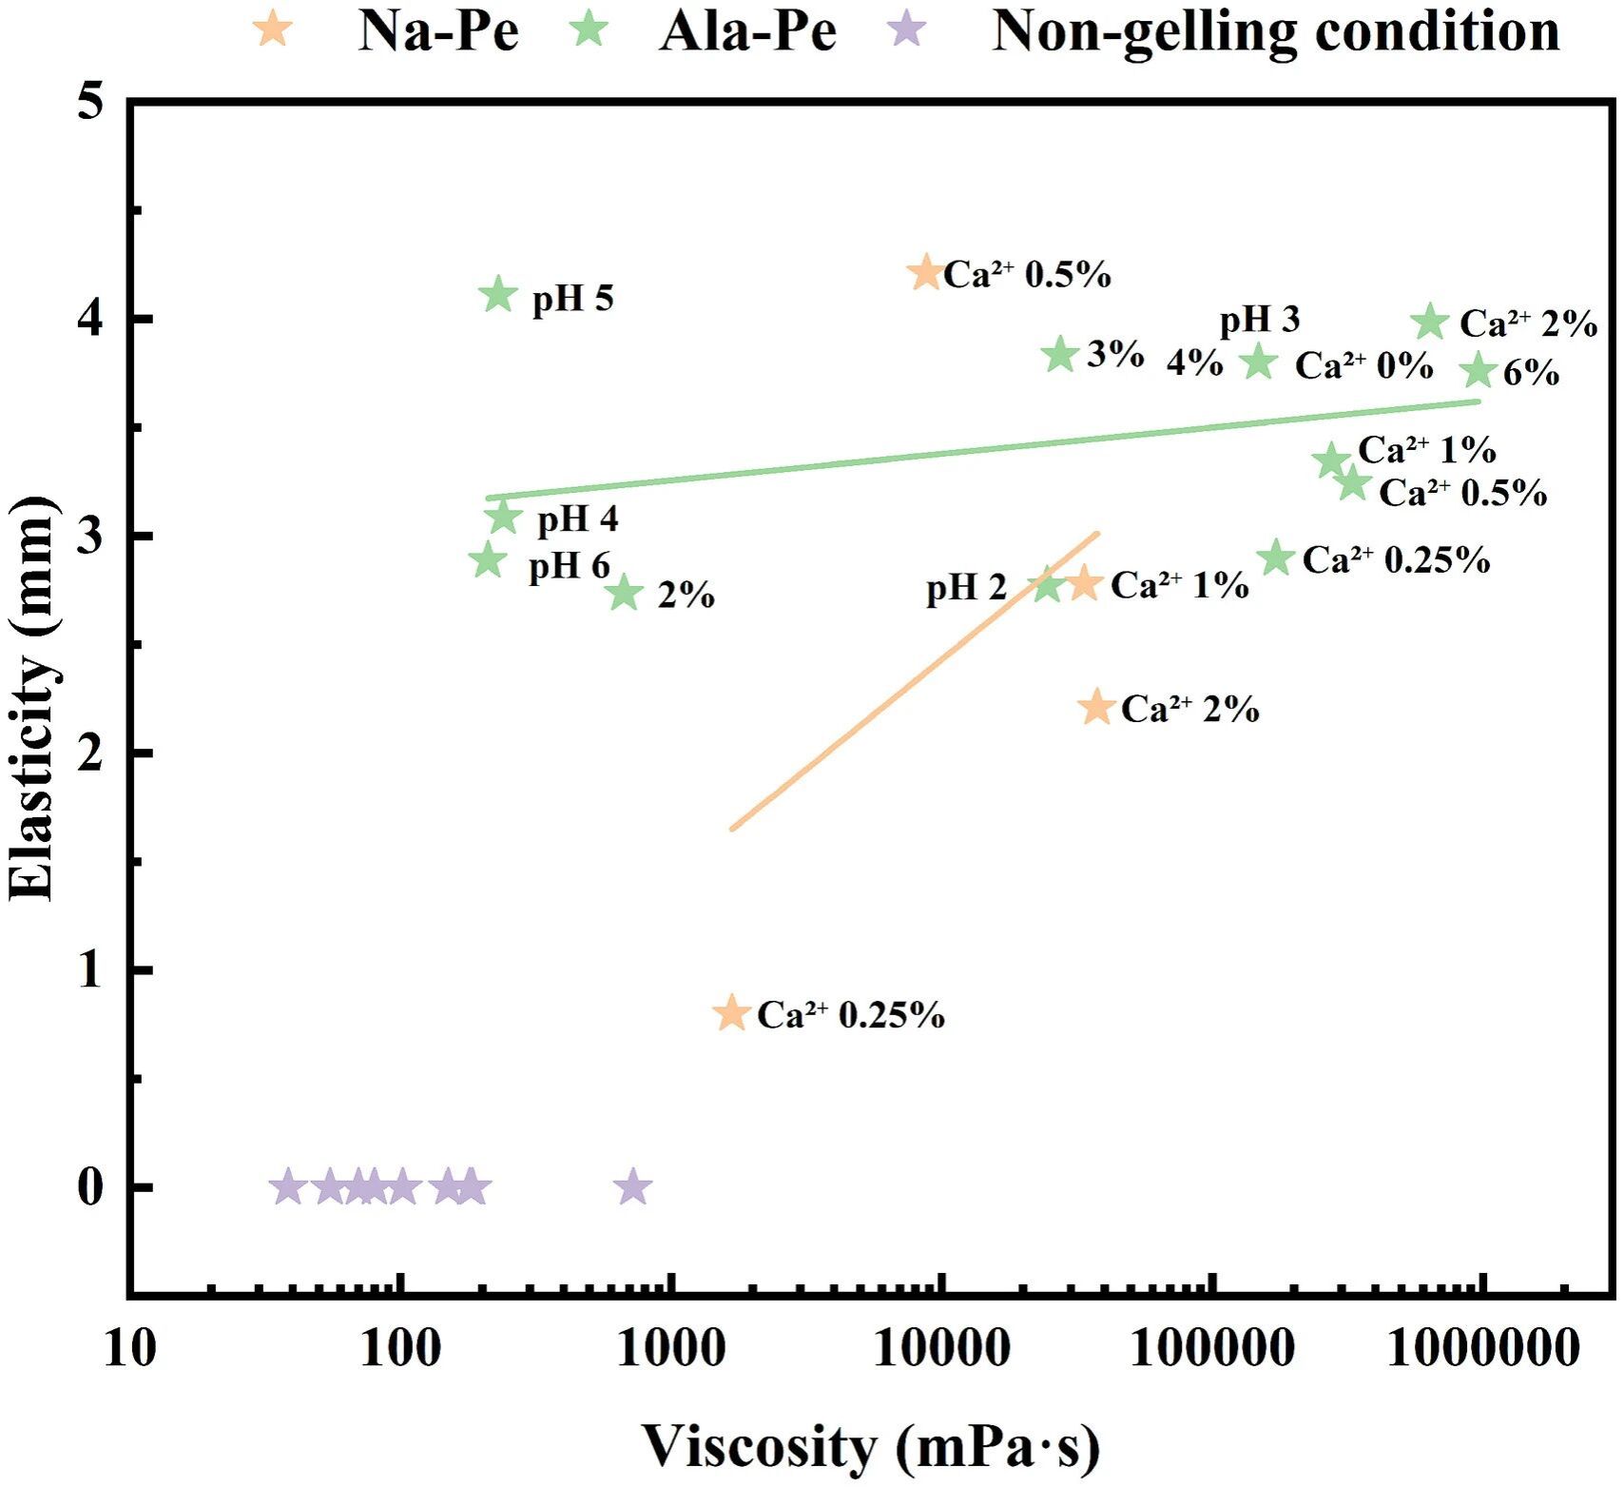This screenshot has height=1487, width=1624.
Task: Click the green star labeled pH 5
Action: (x=498, y=296)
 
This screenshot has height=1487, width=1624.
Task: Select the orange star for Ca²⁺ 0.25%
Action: (x=731, y=1012)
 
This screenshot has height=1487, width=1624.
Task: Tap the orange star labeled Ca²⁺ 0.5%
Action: (x=926, y=273)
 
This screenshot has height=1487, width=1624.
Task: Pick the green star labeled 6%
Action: (x=1479, y=371)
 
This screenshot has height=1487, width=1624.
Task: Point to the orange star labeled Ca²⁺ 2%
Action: (x=1096, y=707)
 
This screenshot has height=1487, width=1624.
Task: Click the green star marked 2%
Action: (x=624, y=593)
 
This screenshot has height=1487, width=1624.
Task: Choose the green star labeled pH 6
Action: (x=488, y=560)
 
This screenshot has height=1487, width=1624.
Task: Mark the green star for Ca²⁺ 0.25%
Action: (x=1277, y=558)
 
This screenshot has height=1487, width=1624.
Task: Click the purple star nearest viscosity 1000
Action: (x=633, y=1187)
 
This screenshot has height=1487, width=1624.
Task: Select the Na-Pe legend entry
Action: (x=437, y=30)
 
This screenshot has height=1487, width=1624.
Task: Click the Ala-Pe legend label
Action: (x=747, y=30)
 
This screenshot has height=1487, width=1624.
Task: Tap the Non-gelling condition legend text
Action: (x=1275, y=30)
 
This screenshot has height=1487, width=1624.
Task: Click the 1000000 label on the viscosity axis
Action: (x=1482, y=1349)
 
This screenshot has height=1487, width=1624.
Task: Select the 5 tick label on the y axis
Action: (x=90, y=102)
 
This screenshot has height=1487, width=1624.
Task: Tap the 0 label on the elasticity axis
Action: (x=90, y=1187)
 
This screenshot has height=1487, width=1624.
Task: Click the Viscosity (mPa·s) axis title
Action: (x=870, y=1446)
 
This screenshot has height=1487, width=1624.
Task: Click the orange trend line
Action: (x=913, y=681)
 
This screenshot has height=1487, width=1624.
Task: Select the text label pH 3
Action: (x=1259, y=321)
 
